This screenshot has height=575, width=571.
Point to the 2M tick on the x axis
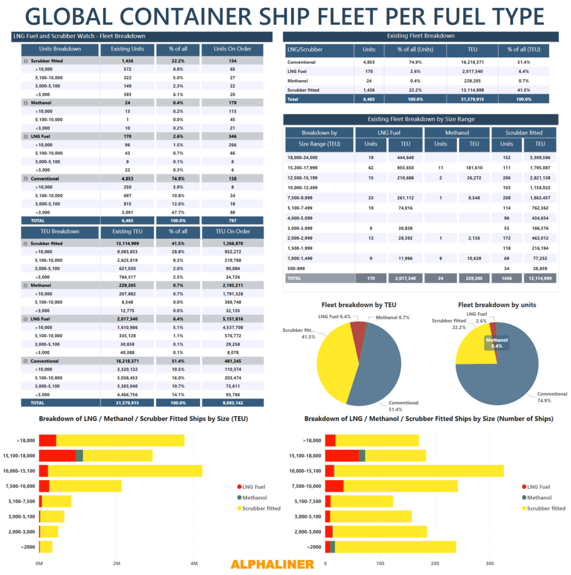pos(116,563)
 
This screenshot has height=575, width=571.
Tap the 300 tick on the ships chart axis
pos(490,563)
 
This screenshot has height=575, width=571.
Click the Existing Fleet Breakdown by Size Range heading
pos(421,119)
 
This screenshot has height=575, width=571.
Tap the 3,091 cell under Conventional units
pos(127,212)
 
